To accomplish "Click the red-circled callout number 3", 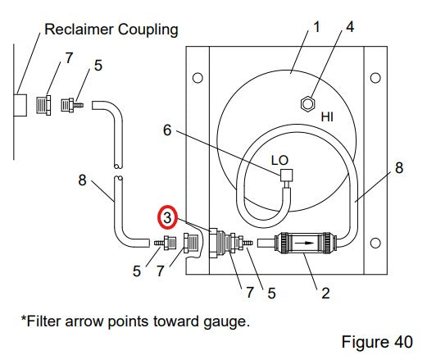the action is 167,217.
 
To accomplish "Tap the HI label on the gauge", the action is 327,117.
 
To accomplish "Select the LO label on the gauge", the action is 279,161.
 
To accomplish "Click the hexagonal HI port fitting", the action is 308,104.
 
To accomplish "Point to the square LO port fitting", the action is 286,175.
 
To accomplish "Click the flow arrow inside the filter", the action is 305,243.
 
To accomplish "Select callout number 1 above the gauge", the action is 316,27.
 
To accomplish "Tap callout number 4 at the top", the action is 350,27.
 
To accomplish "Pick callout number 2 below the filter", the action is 325,294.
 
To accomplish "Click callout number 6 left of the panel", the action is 167,130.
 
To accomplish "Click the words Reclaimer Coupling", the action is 111,30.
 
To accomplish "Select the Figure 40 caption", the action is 377,342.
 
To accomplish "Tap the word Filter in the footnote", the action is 43,321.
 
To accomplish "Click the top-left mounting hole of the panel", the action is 198,78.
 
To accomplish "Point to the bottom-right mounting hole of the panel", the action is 375,243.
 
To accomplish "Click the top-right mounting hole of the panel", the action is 375,78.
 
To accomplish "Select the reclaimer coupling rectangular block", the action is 20,105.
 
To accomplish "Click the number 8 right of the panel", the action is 399,167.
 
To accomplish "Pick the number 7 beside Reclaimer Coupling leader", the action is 69,58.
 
